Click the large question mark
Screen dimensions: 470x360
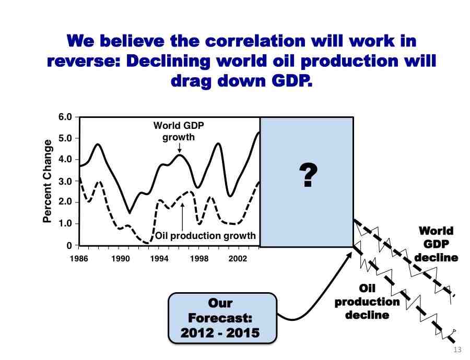click(308, 175)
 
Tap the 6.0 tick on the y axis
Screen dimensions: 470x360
click(65, 117)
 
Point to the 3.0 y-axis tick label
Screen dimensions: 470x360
click(65, 181)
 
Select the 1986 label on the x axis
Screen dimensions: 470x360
click(79, 258)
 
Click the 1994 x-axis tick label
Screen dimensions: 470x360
click(159, 258)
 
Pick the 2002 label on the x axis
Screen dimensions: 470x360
click(238, 258)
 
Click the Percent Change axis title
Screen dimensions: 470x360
click(47, 181)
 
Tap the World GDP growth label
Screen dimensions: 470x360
click(179, 131)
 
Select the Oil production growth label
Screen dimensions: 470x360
click(206, 236)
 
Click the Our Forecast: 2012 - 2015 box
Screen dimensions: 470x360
click(222, 318)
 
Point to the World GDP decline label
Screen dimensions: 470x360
click(436, 244)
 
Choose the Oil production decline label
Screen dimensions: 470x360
click(367, 302)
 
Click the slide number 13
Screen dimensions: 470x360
click(457, 350)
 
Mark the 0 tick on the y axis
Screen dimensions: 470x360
click(69, 246)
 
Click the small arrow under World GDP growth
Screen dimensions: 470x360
click(179, 148)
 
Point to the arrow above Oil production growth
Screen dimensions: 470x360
click(182, 217)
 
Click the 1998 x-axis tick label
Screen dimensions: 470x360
click(199, 258)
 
